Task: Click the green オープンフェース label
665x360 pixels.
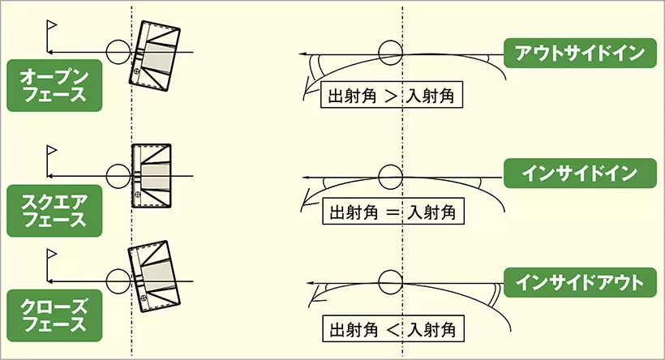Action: [54, 84]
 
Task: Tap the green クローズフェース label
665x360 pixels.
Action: [54, 314]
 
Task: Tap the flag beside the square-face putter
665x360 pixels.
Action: [53, 152]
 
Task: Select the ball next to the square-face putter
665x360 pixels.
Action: [118, 175]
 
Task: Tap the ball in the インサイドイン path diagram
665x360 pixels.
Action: [391, 175]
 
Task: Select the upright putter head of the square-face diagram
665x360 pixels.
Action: [152, 175]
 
